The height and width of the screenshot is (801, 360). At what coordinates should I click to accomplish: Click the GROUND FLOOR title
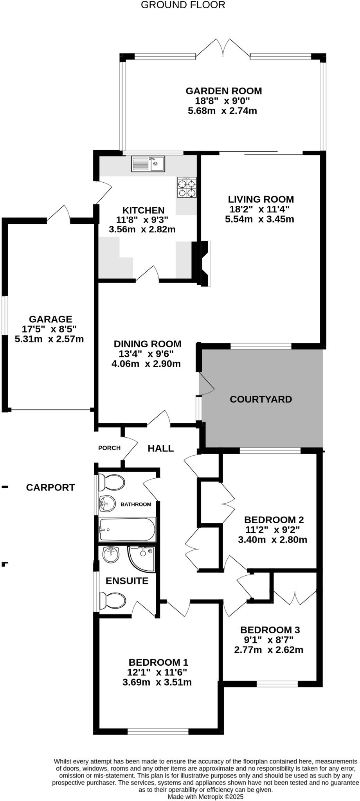click(x=183, y=5)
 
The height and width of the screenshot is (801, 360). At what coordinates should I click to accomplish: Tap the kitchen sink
click(x=148, y=163)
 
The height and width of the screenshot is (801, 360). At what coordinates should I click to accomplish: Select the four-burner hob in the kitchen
click(x=187, y=188)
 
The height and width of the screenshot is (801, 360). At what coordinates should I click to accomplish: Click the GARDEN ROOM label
click(x=223, y=91)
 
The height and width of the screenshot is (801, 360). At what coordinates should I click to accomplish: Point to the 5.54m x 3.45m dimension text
click(x=259, y=219)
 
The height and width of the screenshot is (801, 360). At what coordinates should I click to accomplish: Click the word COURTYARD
click(x=261, y=399)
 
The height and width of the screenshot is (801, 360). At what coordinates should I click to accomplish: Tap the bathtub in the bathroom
click(x=127, y=530)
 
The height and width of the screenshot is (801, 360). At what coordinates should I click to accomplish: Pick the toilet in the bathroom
click(x=112, y=482)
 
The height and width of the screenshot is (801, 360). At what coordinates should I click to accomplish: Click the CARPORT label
click(x=50, y=487)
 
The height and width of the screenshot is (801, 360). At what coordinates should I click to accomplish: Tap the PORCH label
click(x=109, y=448)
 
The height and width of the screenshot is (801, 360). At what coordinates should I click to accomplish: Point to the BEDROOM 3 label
click(x=270, y=630)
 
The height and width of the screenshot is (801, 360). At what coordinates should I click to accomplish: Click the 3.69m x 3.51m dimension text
click(x=157, y=682)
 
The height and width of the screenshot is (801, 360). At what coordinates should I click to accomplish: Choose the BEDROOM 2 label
click(x=274, y=520)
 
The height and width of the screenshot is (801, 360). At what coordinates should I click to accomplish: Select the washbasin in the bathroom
click(x=107, y=503)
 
